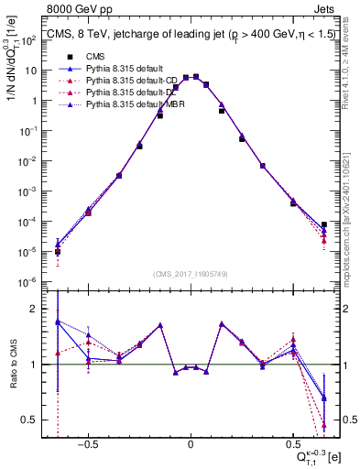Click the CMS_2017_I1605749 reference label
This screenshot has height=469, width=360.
(191, 274)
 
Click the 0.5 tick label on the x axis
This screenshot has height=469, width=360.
(293, 442)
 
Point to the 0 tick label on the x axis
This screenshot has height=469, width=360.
(191, 442)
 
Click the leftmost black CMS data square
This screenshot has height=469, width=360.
(58, 251)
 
